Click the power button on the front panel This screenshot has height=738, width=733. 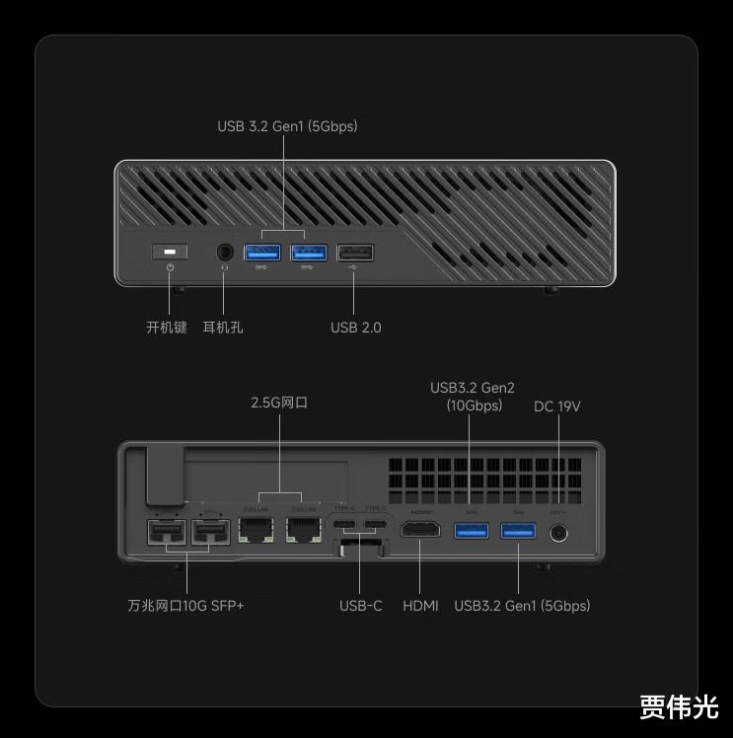pyautogui.click(x=171, y=253)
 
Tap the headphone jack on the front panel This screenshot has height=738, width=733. pyautogui.click(x=225, y=253)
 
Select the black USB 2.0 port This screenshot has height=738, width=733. pyautogui.click(x=355, y=254)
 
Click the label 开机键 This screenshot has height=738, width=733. pyautogui.click(x=167, y=327)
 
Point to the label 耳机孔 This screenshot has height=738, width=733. pyautogui.click(x=223, y=327)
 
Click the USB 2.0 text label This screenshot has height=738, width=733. pyautogui.click(x=355, y=327)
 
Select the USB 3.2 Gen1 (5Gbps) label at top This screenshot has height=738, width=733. pyautogui.click(x=287, y=126)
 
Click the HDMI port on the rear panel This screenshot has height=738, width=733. pyautogui.click(x=419, y=532)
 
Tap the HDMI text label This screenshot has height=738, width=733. pyautogui.click(x=420, y=605)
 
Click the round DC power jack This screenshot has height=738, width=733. pyautogui.click(x=560, y=533)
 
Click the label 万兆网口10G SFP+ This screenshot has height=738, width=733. pyautogui.click(x=185, y=605)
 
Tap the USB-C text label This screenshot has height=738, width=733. pyautogui.click(x=360, y=605)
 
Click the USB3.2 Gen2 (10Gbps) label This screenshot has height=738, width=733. pyautogui.click(x=474, y=396)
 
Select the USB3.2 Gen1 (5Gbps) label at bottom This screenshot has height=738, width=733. pyautogui.click(x=522, y=605)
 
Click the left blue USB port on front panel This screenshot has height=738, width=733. pyautogui.click(x=261, y=254)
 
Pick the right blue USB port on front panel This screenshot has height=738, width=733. pyautogui.click(x=308, y=254)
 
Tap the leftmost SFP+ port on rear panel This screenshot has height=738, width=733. pyautogui.click(x=163, y=534)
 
